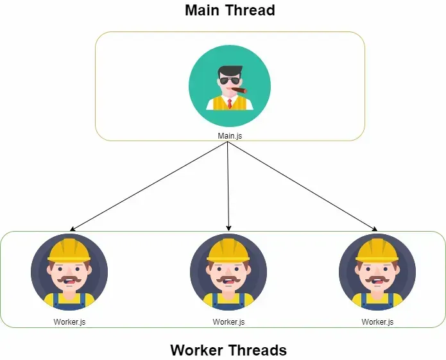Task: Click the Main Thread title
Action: pos(230,10)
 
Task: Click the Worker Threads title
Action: pos(228,350)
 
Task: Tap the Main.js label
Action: pos(230,136)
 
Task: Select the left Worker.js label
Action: pos(69,322)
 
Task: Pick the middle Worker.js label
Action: pos(228,322)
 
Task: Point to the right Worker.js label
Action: pos(377,322)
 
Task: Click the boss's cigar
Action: pos(239,90)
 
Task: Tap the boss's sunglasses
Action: pos(230,81)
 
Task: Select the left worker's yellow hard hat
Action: pos(69,250)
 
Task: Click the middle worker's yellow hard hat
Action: pos(228,250)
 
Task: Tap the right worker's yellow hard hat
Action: pos(377,250)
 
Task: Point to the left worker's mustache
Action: pos(69,279)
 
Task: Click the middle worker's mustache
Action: pos(228,279)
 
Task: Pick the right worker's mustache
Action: pos(377,279)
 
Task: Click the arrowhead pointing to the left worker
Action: pos(73,229)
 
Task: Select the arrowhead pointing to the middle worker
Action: pos(228,228)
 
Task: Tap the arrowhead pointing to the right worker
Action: pos(375,229)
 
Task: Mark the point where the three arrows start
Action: pos(228,142)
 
